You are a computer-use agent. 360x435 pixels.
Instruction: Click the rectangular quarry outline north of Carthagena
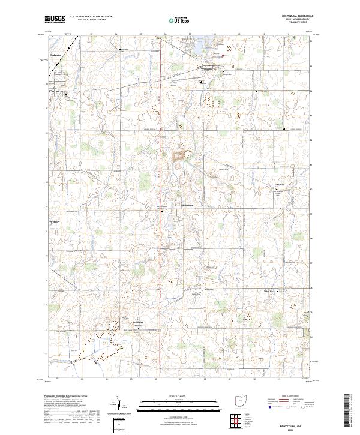pos(178,157)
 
